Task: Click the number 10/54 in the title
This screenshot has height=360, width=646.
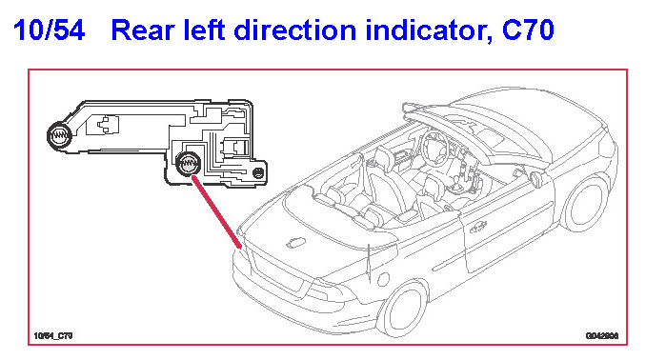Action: coord(49,30)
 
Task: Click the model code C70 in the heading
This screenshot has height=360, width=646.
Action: coord(528,30)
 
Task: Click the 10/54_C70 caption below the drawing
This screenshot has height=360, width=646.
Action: coord(53,335)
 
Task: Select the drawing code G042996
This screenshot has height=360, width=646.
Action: coord(602,336)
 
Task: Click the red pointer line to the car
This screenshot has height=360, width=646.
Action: coord(216,212)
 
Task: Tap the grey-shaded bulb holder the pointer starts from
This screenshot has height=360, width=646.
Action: coord(189,164)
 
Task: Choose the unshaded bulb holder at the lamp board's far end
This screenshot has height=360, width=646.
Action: coord(59,134)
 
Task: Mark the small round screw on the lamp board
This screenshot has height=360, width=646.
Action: coord(258,172)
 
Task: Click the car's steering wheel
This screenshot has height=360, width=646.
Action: coord(434,148)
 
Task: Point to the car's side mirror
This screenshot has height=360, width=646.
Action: coord(536,179)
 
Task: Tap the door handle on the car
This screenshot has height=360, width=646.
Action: coord(478,227)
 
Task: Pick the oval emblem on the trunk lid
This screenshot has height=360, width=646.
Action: coord(295,243)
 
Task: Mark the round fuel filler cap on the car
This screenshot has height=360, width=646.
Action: coord(383,279)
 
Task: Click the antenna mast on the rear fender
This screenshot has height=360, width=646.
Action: coord(369,265)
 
